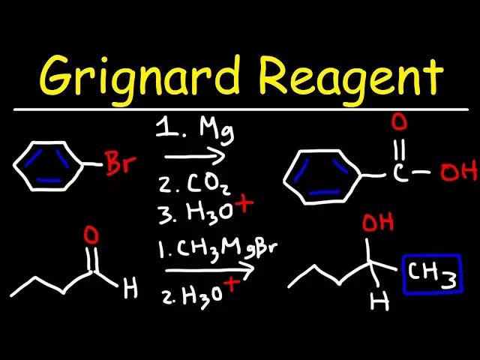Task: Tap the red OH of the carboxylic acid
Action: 458,173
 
